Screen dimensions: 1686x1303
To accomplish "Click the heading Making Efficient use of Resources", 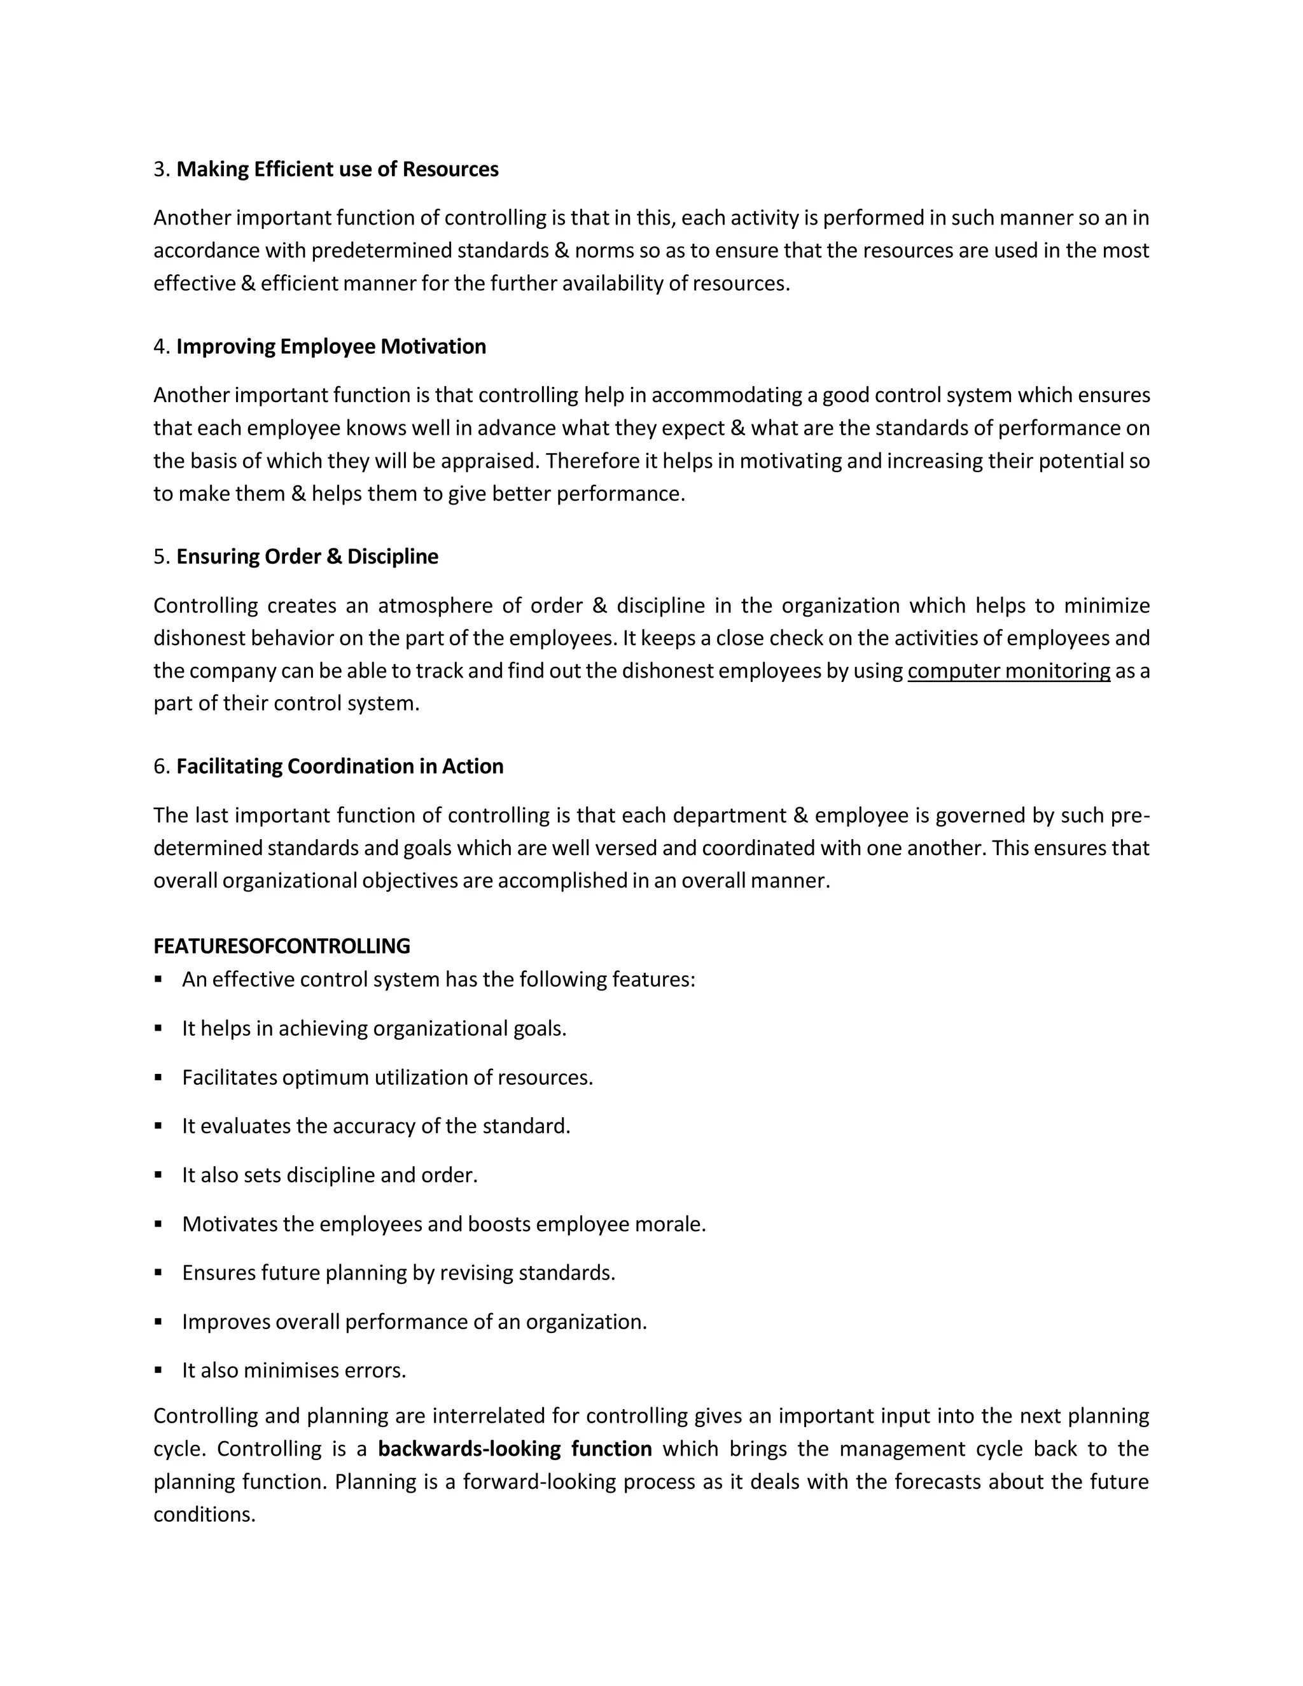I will [x=337, y=169].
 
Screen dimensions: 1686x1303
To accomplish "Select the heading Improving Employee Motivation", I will [x=331, y=347].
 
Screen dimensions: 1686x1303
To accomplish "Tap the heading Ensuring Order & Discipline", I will [x=307, y=557].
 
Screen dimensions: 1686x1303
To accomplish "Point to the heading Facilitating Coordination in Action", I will [x=340, y=767].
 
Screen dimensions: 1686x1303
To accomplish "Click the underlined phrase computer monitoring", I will [x=1008, y=671].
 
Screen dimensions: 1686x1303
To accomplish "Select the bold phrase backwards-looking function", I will [x=515, y=1449].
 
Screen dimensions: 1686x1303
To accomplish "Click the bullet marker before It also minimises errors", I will [x=158, y=1370].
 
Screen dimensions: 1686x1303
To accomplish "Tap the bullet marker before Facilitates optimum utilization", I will [x=158, y=1077].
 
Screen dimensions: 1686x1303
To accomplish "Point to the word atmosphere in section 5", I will [x=435, y=605].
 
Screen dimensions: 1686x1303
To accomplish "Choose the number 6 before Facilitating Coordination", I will [x=160, y=767].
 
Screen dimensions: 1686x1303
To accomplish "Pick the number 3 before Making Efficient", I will [x=160, y=169].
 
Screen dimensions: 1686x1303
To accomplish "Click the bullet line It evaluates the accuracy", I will [x=376, y=1126].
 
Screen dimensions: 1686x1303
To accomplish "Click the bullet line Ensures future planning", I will [x=398, y=1273].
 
